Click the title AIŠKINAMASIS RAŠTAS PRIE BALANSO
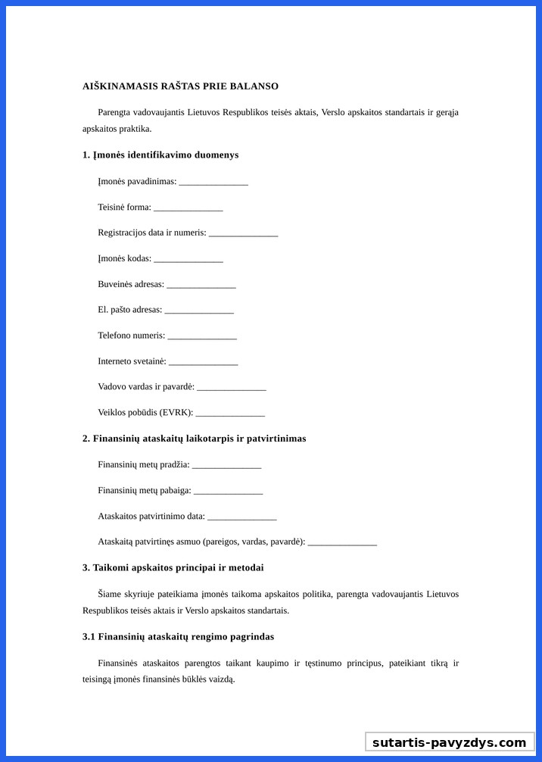[180, 86]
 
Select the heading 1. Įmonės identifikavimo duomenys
[160, 155]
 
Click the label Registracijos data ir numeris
[151, 233]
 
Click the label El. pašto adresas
[129, 310]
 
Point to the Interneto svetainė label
[132, 361]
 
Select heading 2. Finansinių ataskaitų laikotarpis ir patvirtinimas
[194, 439]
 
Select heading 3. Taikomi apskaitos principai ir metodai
[173, 567]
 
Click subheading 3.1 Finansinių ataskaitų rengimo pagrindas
[178, 636]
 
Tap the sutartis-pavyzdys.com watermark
[449, 742]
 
